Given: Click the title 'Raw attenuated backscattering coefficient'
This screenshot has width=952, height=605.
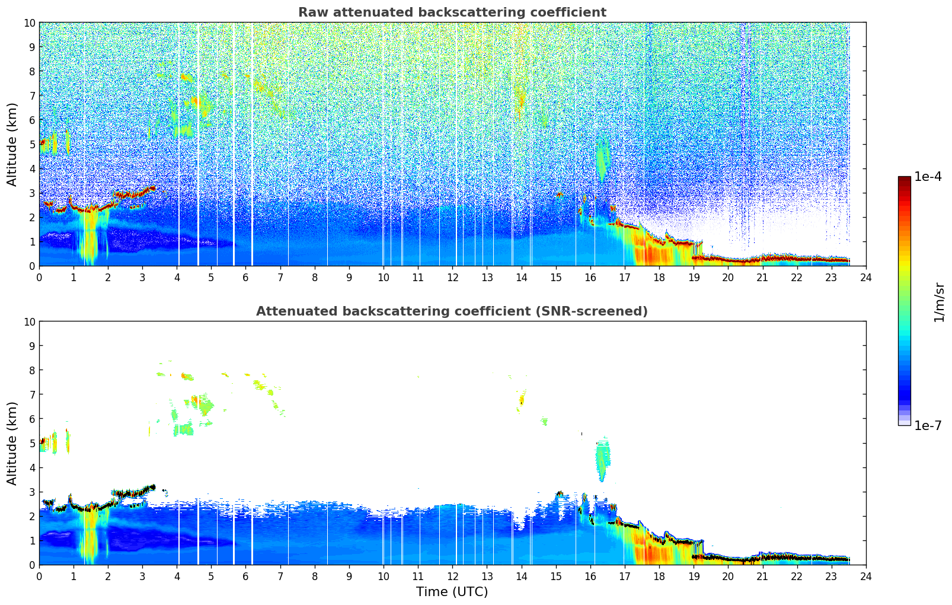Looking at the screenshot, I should (x=452, y=12).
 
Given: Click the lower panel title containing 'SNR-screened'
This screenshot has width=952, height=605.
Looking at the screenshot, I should (x=452, y=311).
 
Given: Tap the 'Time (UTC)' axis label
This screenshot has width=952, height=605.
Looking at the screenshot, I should (x=452, y=591).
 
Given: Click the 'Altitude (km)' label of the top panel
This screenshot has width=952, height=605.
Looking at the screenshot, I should (x=12, y=144).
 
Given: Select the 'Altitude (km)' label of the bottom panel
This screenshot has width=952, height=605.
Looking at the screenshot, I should (x=12, y=443).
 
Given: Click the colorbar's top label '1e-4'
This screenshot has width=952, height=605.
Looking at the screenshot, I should (x=928, y=177).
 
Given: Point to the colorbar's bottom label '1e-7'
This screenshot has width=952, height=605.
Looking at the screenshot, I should (x=928, y=425).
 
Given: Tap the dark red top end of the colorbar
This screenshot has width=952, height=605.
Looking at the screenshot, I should (x=904, y=179).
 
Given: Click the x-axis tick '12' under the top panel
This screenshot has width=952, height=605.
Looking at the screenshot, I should (x=452, y=277).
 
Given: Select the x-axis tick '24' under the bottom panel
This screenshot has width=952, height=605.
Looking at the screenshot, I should (x=865, y=576).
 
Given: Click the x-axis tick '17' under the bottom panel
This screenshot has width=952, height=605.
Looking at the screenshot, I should (x=625, y=576).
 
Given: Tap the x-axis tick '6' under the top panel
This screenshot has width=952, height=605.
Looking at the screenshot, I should (x=246, y=277).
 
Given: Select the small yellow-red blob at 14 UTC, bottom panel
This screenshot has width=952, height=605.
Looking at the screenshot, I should (x=522, y=400).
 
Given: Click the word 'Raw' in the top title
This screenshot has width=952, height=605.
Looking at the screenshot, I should (x=311, y=12).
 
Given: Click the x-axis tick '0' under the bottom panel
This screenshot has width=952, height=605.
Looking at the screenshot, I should (x=40, y=576).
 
